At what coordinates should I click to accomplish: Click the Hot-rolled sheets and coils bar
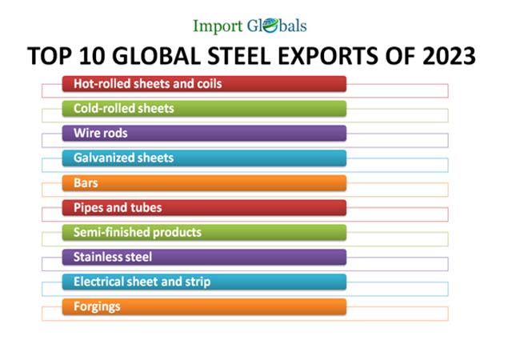point(204,83)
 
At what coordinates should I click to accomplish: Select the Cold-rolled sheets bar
point(204,108)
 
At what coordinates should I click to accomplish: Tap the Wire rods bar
point(204,133)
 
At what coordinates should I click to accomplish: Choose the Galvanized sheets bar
point(204,158)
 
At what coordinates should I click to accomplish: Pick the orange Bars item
point(204,182)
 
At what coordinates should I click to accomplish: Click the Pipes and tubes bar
point(204,207)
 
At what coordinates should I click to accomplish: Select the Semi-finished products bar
point(204,232)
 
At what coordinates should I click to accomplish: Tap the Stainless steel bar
point(204,257)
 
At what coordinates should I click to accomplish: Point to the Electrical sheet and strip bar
point(204,282)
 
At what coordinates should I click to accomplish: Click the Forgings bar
point(204,306)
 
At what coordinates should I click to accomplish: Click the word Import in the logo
point(218,26)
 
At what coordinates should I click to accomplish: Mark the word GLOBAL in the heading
point(161,56)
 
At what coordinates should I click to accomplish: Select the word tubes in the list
point(146,207)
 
